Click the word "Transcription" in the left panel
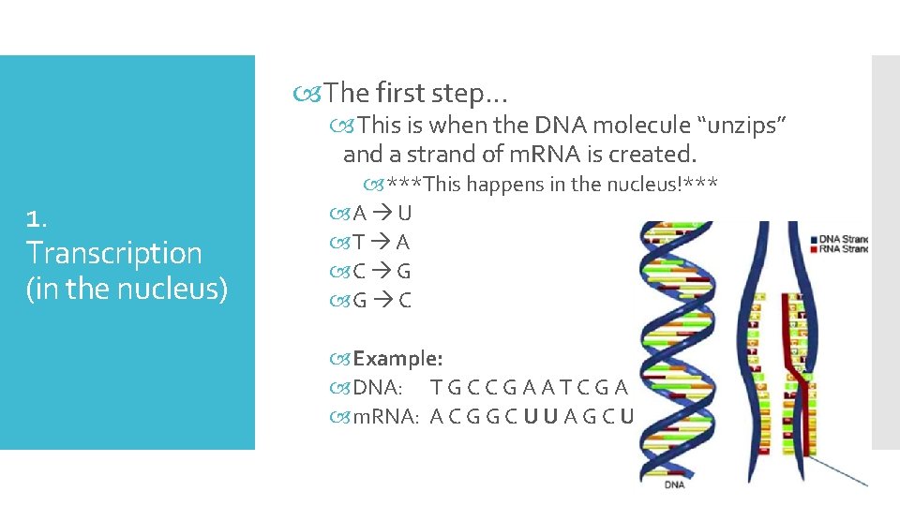[x=114, y=253]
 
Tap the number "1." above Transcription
[x=37, y=219]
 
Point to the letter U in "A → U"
[x=404, y=214]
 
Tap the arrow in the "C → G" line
[x=380, y=272]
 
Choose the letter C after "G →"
[x=404, y=301]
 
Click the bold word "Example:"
[x=397, y=358]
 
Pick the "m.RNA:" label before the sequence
[x=384, y=417]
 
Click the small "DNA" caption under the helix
[x=674, y=485]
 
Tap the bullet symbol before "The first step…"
[x=312, y=93]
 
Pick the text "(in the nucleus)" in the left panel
[x=127, y=289]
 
